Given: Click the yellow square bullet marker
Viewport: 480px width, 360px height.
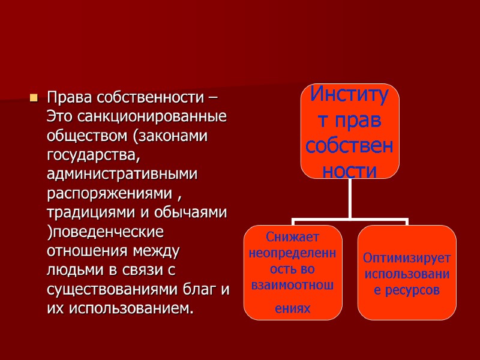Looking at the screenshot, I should tap(34, 97).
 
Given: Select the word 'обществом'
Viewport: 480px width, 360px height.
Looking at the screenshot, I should tap(88, 136).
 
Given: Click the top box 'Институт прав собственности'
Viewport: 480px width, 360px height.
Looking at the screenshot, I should tap(350, 131).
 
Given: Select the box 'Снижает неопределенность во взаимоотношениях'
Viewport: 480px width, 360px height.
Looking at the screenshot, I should tap(293, 272).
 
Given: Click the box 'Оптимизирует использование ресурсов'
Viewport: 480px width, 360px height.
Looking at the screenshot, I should tap(407, 272).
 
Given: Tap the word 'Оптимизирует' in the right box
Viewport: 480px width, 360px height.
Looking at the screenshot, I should tap(407, 259).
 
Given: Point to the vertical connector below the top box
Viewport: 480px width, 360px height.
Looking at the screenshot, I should tap(350, 198).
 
